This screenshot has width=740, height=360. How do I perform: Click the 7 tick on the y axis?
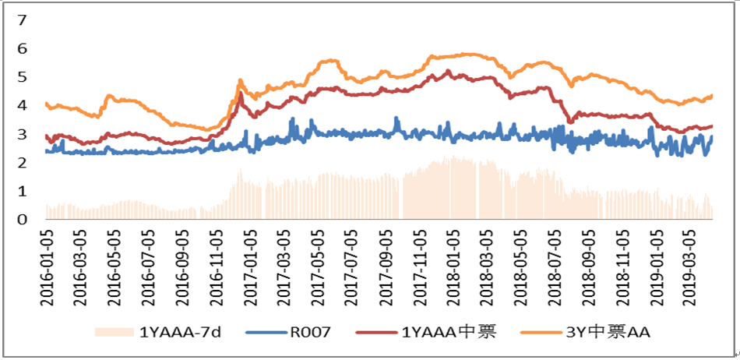pos(22,19)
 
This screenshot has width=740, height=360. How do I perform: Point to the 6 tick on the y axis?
pos(22,48)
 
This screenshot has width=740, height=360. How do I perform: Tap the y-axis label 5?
pos(22,76)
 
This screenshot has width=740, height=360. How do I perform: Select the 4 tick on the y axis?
pos(22,105)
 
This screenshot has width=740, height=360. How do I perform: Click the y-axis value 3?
pos(22,134)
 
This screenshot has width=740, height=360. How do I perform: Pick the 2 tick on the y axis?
pos(22,163)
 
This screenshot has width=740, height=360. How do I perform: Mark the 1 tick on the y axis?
pos(22,191)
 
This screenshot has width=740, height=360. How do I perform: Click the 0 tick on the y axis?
pos(22,220)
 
